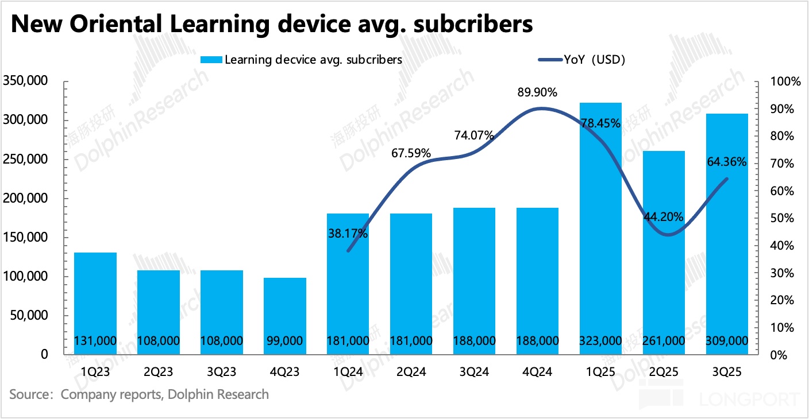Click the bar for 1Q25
[x=600, y=230]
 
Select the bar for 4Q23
[x=284, y=316]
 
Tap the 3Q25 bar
[x=727, y=235]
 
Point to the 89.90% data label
[x=537, y=92]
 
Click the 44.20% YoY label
[x=664, y=217]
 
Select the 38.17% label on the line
[x=348, y=234]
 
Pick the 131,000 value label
[x=95, y=341]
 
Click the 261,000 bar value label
[x=664, y=341]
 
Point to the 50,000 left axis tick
[x=28, y=316]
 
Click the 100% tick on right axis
[x=786, y=82]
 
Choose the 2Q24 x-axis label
[x=411, y=372]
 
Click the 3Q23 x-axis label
[x=221, y=372]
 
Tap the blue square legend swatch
[x=210, y=60]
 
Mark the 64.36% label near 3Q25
[x=727, y=162]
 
